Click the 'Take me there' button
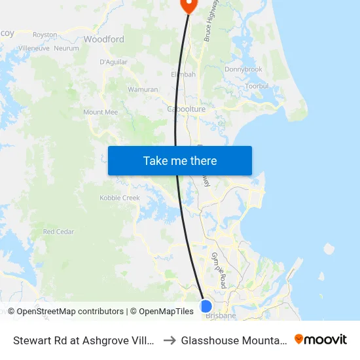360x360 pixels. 180,160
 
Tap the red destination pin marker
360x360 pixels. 189,5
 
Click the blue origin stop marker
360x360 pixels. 206,306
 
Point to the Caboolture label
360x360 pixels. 187,109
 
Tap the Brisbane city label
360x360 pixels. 221,315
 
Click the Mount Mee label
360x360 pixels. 100,112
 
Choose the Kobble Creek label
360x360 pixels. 120,198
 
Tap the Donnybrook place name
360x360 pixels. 243,69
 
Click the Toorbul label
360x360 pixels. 253,86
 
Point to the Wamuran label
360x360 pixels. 143,89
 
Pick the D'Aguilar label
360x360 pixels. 113,62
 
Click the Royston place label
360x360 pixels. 45,34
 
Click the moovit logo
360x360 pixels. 321,340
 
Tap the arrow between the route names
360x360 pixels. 169,340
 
